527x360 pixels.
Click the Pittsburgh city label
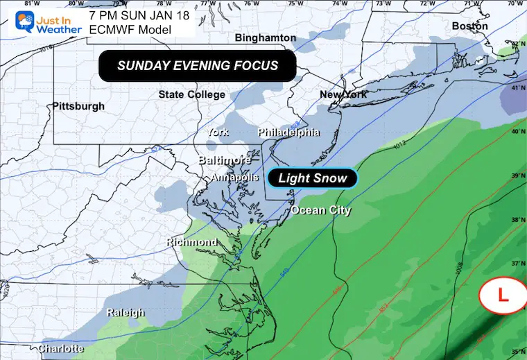point(78,106)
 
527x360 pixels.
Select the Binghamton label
point(266,37)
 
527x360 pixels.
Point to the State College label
point(191,94)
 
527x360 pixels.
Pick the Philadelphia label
point(288,132)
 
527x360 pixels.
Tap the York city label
point(216,132)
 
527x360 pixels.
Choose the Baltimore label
point(225,160)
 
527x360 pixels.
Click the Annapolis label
point(230,177)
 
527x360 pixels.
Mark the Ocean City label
point(320,210)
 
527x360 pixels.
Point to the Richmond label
point(191,242)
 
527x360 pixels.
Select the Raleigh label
point(126,313)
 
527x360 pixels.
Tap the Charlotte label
point(61,348)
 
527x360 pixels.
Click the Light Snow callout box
point(312,178)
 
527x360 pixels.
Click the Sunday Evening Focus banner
point(198,66)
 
